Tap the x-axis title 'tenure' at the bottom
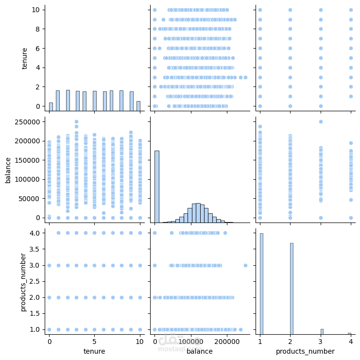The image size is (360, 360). pyautogui.click(x=95, y=351)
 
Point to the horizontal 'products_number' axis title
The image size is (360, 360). pyautogui.click(x=305, y=351)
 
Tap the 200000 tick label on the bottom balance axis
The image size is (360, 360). pyautogui.click(x=227, y=342)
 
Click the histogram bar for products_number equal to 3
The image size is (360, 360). pyautogui.click(x=322, y=332)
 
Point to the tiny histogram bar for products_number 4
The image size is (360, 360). pyautogui.click(x=349, y=334)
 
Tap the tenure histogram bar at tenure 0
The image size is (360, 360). pyautogui.click(x=51, y=106)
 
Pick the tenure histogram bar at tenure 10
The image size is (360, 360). pyautogui.click(x=138, y=106)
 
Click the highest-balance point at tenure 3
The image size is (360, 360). pyautogui.click(x=76, y=122)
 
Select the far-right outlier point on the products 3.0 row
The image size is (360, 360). pyautogui.click(x=245, y=265)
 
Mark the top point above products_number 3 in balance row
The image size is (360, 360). pyautogui.click(x=321, y=122)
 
